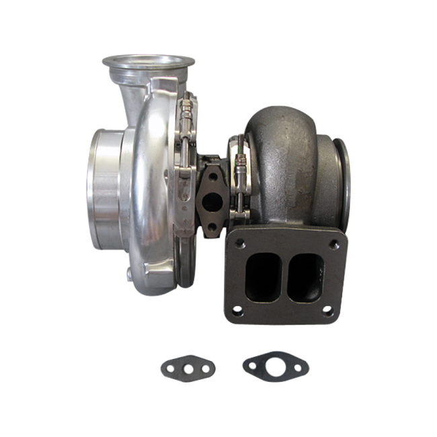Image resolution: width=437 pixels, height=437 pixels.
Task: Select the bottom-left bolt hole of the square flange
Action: coord(237,311)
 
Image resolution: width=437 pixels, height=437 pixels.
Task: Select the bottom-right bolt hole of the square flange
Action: coord(327,311)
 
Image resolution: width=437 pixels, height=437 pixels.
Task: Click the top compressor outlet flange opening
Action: coord(149,61)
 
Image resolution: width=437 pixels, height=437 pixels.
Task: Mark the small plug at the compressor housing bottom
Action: coord(128,273)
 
